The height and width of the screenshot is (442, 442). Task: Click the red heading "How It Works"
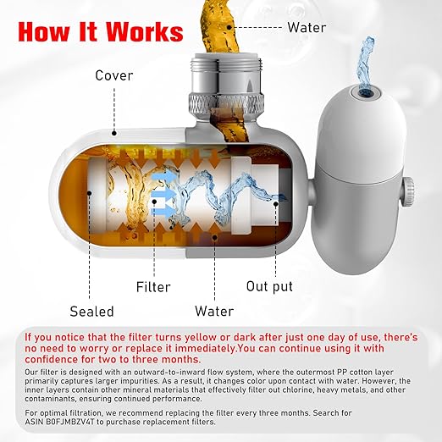pyautogui.click(x=100, y=33)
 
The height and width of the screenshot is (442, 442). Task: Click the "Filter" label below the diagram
pyautogui.click(x=153, y=286)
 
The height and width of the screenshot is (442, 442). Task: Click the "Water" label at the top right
pyautogui.click(x=307, y=27)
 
